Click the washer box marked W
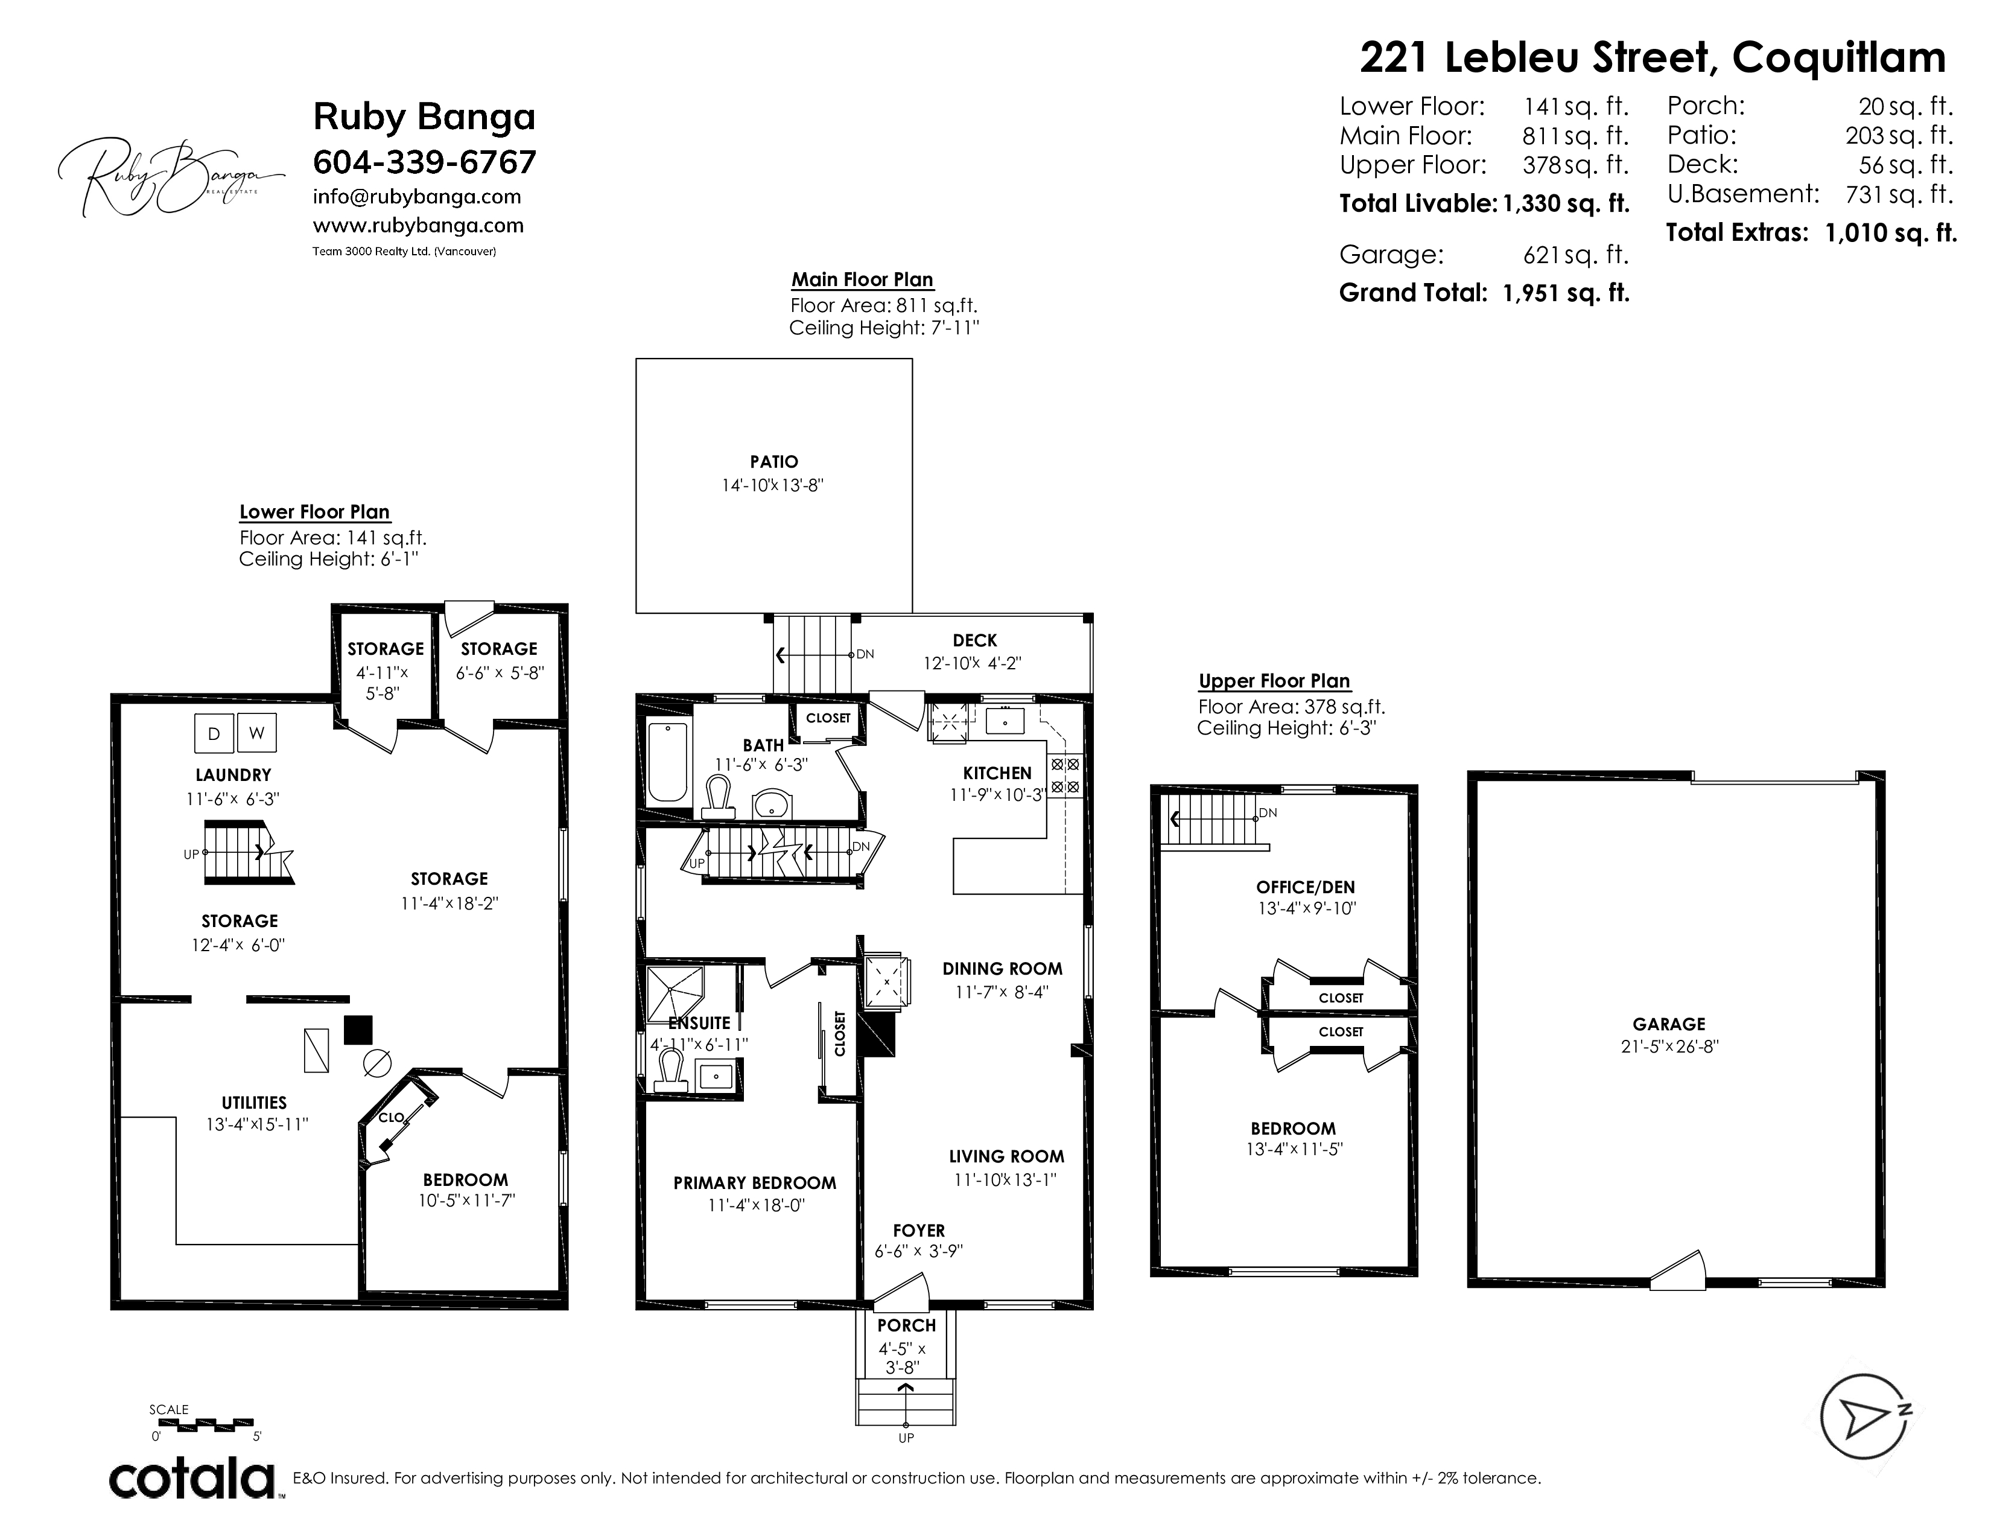(256, 733)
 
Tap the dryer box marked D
(214, 733)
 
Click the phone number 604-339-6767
(425, 162)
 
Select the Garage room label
(1669, 1024)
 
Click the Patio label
(774, 462)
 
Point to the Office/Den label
(1306, 887)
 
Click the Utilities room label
(255, 1102)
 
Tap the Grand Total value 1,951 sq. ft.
(1566, 293)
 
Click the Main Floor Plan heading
(862, 280)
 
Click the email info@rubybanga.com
(417, 197)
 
